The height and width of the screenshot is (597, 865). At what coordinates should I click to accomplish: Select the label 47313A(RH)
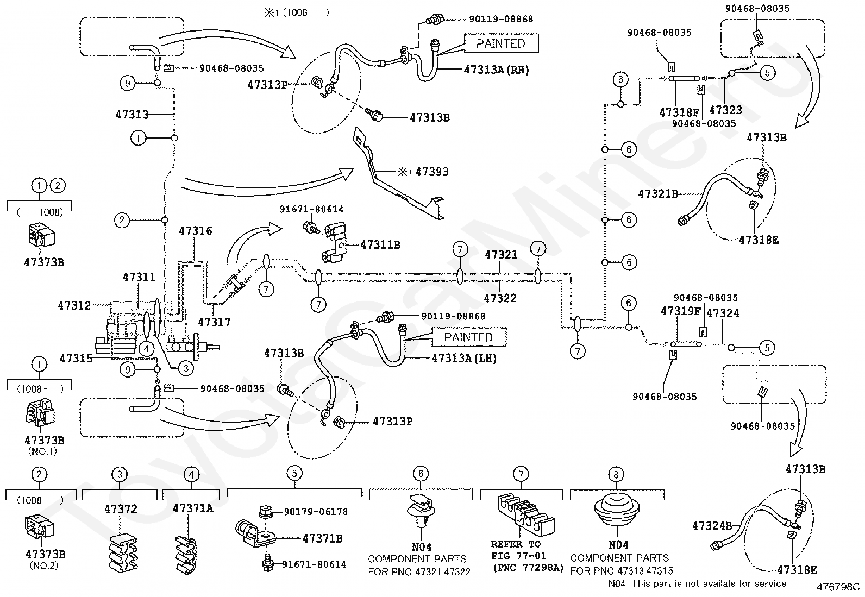pos(496,70)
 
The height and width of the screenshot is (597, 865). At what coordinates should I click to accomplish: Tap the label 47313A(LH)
pos(464,358)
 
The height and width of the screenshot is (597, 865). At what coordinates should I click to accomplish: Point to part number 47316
pos(196,231)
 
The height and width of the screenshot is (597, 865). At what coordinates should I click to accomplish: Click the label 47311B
pos(380,245)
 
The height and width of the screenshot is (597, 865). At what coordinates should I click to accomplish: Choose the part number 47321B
pos(658,194)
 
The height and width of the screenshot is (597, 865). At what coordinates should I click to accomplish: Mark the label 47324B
pos(712,525)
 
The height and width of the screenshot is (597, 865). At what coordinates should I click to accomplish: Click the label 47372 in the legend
pos(121,509)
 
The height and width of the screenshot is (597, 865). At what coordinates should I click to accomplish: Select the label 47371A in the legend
pos(193,508)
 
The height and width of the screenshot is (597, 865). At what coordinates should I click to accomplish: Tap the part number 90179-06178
pos(316,512)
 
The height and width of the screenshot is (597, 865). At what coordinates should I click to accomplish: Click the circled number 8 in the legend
pos(616,474)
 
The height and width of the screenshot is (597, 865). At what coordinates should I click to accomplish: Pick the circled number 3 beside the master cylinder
pos(186,368)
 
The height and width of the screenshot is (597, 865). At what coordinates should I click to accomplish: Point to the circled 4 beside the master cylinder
pos(146,349)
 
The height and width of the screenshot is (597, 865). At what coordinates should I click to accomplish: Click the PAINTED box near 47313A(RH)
pos(501,43)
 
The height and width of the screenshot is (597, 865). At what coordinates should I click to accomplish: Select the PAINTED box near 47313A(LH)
pos(468,337)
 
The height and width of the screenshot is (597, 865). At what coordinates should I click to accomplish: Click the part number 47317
pos(214,322)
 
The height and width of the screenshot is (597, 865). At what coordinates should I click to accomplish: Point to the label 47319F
pos(680,311)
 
